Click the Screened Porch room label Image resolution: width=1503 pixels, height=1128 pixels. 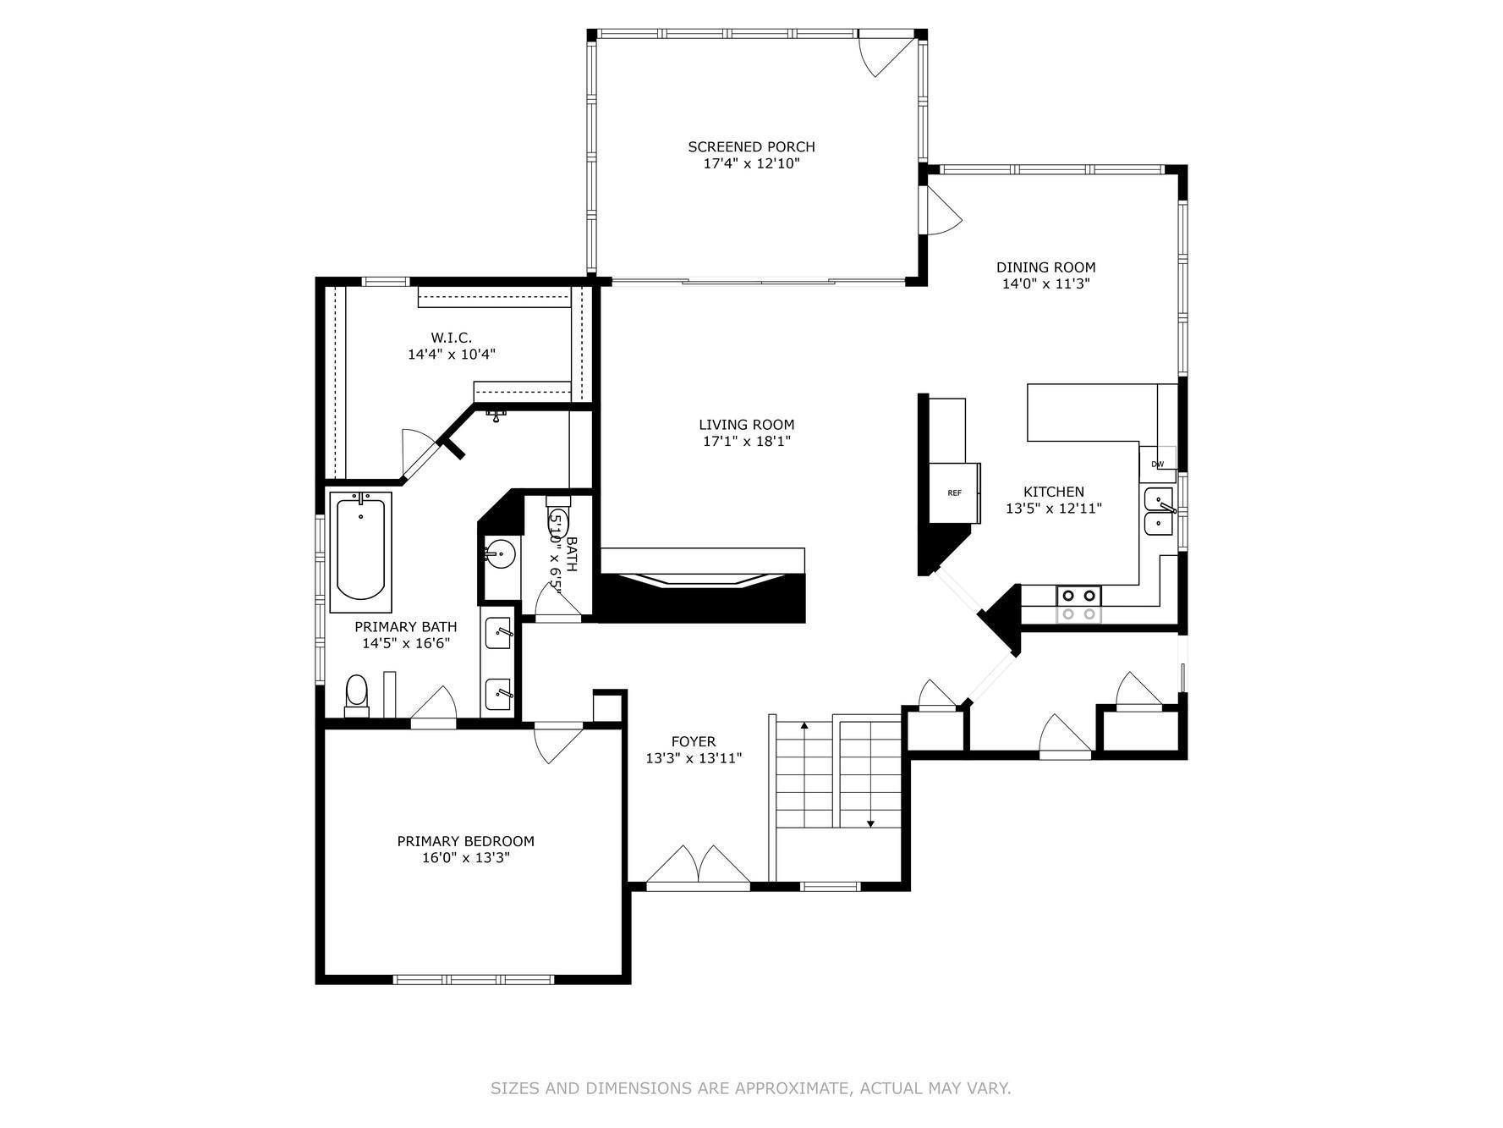pyautogui.click(x=751, y=147)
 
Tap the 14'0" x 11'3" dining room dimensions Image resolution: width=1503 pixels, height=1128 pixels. pyautogui.click(x=1045, y=284)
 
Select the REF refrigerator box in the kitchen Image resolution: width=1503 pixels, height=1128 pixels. pyautogui.click(x=955, y=492)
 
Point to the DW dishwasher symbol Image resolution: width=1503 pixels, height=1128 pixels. pyautogui.click(x=1158, y=464)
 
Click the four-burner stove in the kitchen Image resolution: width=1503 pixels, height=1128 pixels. pyautogui.click(x=1078, y=604)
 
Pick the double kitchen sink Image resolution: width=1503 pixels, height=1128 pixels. pyautogui.click(x=1160, y=511)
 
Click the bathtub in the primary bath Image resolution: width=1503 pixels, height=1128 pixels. pyautogui.click(x=361, y=552)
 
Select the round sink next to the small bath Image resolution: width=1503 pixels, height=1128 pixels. pyautogui.click(x=499, y=555)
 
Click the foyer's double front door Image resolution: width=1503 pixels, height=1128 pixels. pyautogui.click(x=699, y=867)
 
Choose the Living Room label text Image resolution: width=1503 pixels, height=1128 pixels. pyautogui.click(x=747, y=425)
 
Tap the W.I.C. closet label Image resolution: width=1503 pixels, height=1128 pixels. pyautogui.click(x=452, y=338)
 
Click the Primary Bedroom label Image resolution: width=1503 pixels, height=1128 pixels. pyautogui.click(x=466, y=841)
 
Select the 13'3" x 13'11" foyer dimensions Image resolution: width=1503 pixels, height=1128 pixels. pyautogui.click(x=694, y=758)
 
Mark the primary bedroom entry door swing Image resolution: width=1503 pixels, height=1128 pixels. pyautogui.click(x=558, y=743)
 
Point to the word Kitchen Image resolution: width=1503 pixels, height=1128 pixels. pyautogui.click(x=1054, y=492)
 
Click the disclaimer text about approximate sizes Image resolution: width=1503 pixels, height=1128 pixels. pyautogui.click(x=751, y=1088)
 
